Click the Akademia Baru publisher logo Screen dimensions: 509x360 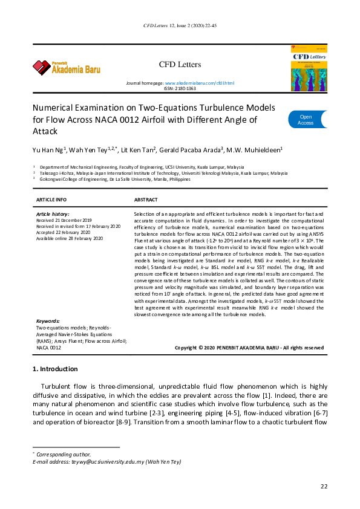coord(66,66)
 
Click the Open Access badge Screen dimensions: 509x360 coord(306,120)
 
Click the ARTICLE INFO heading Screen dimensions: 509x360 coord(52,199)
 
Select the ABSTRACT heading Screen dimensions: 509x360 coord(146,199)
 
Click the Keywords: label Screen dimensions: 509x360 coord(48,321)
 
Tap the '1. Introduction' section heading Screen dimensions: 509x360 coord(54,369)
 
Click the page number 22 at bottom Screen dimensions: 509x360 coord(324,486)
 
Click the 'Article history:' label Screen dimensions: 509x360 coord(53,215)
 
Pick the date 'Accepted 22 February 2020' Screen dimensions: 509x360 coord(64,232)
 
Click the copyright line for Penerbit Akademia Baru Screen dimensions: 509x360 coord(249,348)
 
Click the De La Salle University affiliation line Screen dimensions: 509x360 coord(115,180)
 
